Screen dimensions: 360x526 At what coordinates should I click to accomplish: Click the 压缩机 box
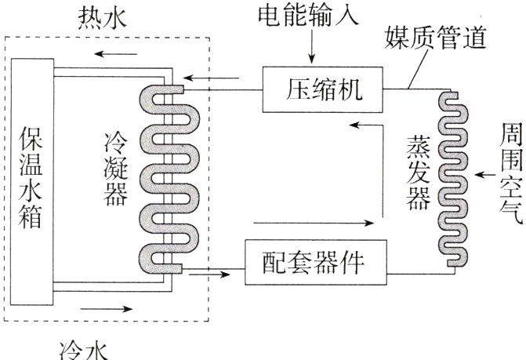321,89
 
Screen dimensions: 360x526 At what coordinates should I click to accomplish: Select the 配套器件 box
317,263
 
